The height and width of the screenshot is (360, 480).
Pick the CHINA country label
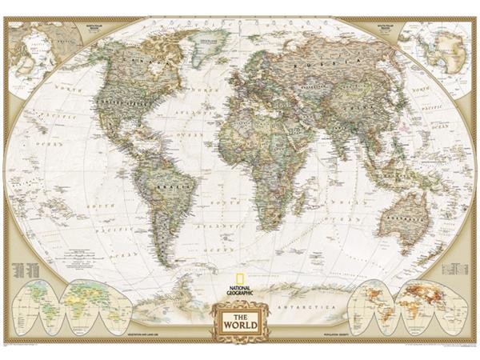352,112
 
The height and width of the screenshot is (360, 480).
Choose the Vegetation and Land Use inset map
68,303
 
